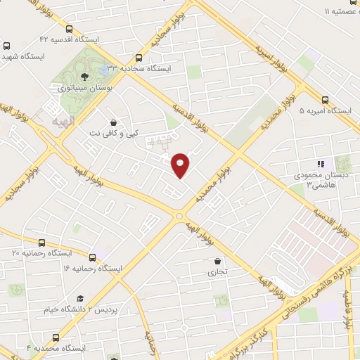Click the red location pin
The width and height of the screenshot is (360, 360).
pyautogui.click(x=181, y=165)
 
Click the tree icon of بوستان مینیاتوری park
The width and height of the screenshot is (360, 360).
pyautogui.click(x=84, y=75)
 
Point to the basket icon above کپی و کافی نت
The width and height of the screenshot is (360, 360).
pyautogui.click(x=114, y=121)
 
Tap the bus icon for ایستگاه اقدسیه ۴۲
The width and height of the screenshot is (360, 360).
pyautogui.click(x=68, y=30)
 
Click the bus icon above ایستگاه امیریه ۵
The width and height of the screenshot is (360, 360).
pyautogui.click(x=325, y=100)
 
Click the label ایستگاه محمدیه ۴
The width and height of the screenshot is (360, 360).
pyautogui.click(x=56, y=348)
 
